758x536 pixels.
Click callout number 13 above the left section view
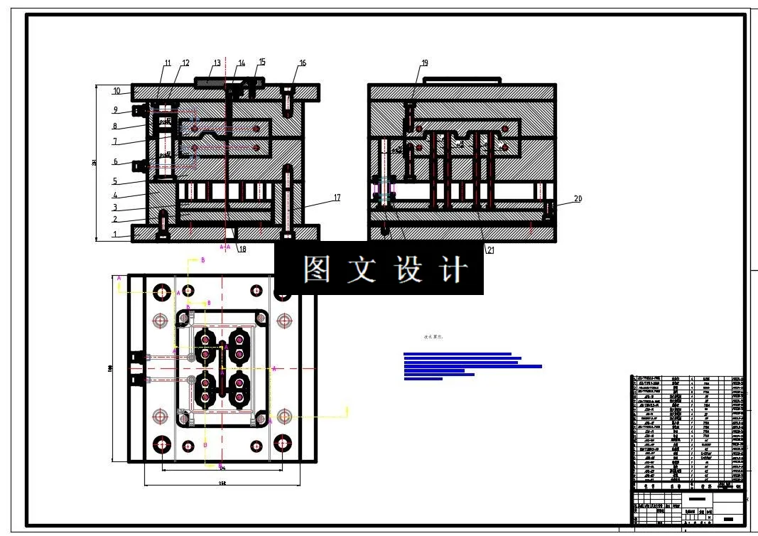(217, 63)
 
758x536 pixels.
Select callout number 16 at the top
(303, 63)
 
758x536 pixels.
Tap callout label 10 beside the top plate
(117, 91)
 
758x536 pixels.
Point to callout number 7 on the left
(115, 141)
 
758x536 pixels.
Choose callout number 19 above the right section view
(425, 63)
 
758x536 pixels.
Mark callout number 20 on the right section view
(578, 199)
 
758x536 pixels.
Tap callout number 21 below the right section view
(489, 250)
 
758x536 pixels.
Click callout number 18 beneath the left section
(242, 250)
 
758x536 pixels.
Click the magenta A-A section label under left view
(225, 247)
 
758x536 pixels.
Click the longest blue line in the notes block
(472, 367)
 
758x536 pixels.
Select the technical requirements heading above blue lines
(433, 337)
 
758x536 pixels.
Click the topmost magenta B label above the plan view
(202, 260)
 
